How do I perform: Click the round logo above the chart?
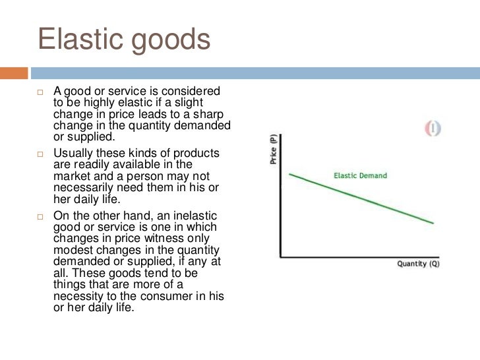[433, 129]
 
